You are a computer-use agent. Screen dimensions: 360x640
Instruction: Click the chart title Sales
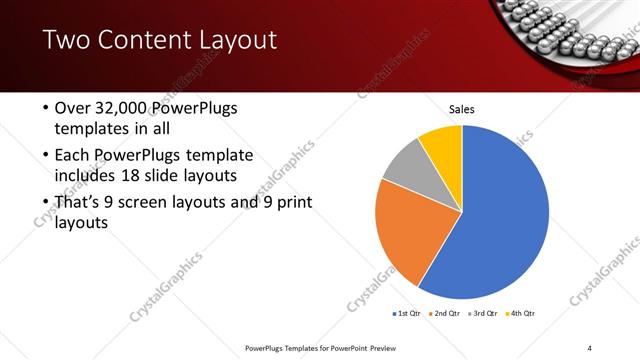(461, 109)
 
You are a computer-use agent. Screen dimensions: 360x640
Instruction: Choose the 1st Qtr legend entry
(407, 314)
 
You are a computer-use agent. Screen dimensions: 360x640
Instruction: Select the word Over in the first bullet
(73, 108)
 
